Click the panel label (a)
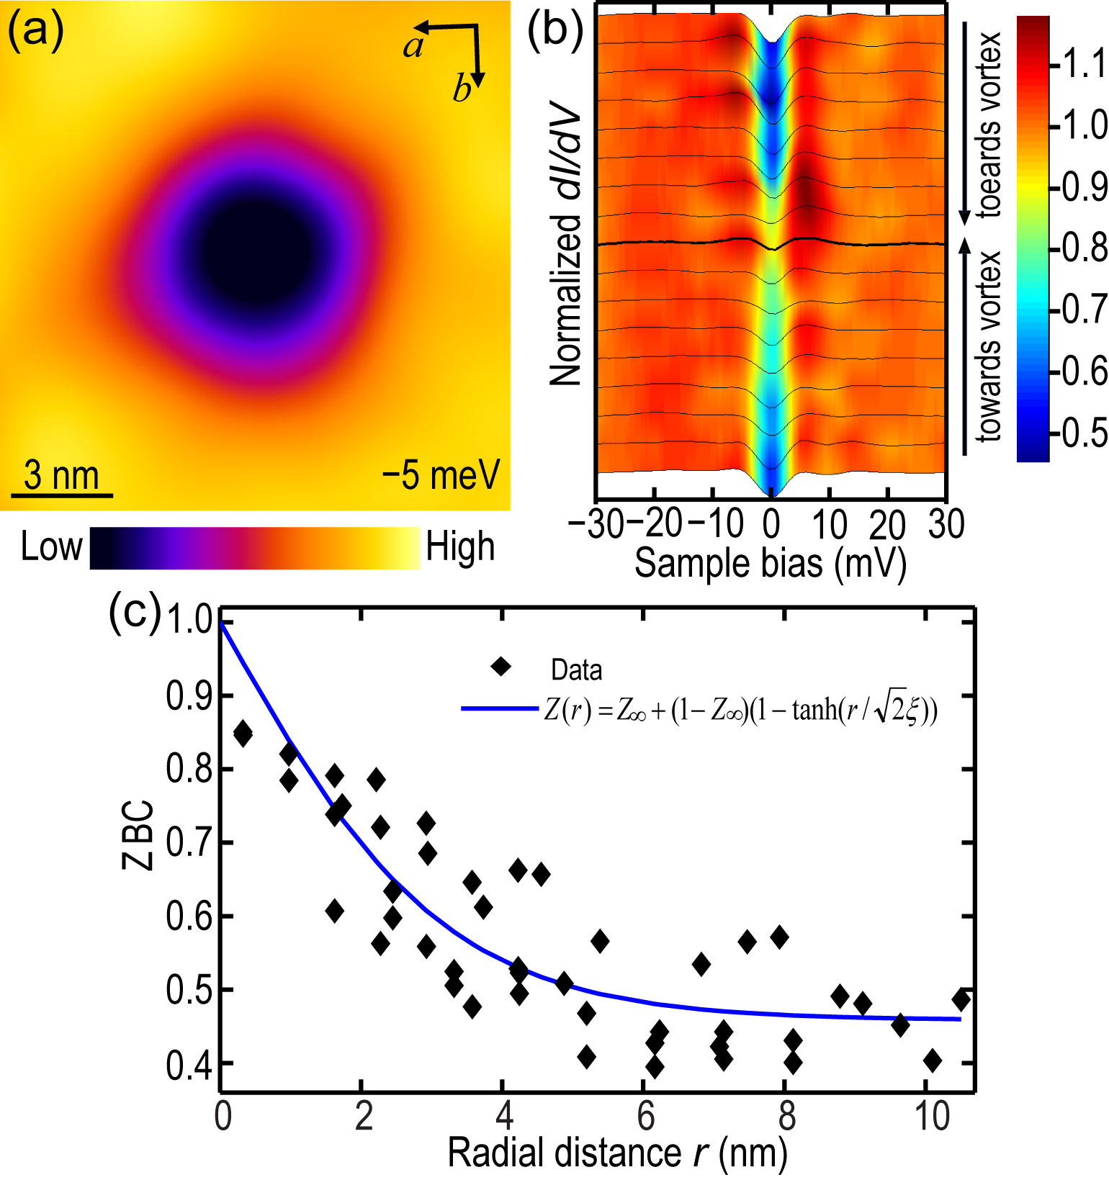click(x=35, y=32)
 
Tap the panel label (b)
click(x=554, y=32)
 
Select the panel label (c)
click(x=134, y=613)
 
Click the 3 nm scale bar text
click(x=61, y=475)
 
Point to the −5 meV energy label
click(x=441, y=474)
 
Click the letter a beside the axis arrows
click(x=413, y=47)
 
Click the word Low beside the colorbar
click(x=51, y=546)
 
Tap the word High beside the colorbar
click(x=460, y=546)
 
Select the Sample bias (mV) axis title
click(x=770, y=563)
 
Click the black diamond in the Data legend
click(x=500, y=667)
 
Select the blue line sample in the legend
click(x=499, y=709)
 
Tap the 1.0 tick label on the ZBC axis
click(x=189, y=620)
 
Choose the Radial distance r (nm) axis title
click(x=617, y=1153)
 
